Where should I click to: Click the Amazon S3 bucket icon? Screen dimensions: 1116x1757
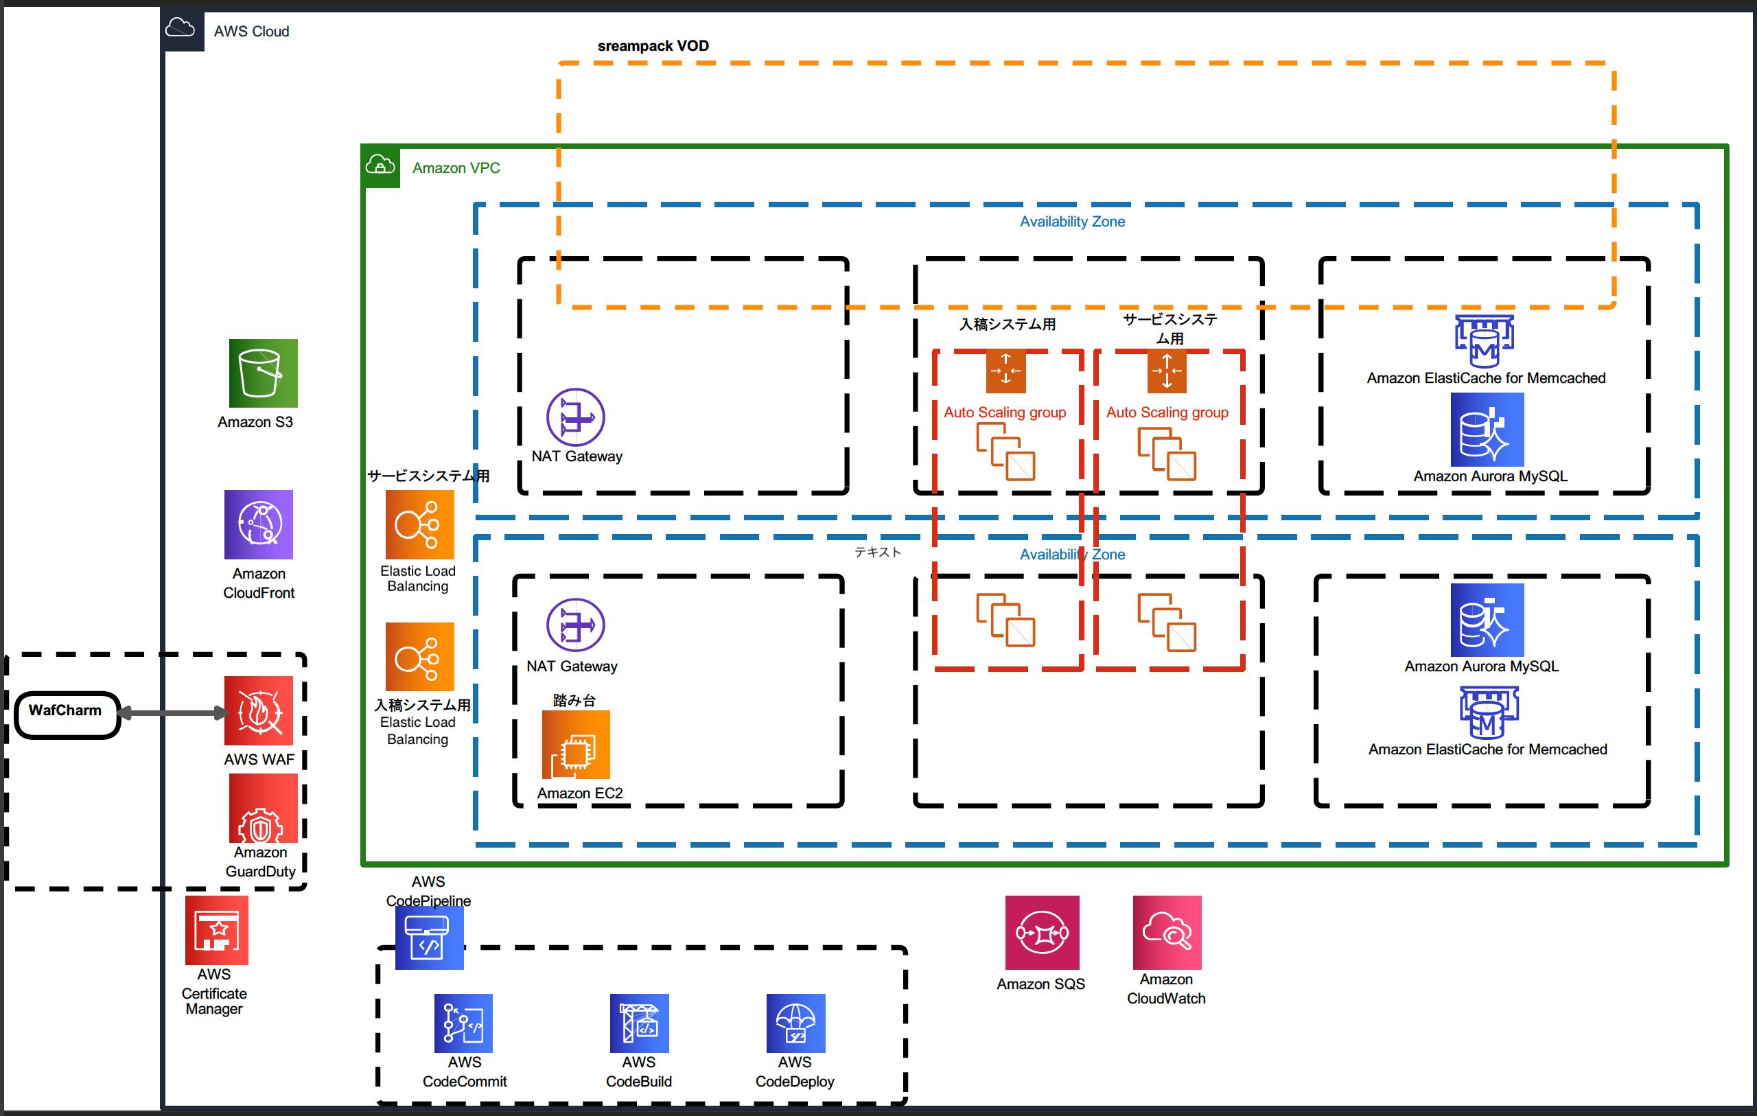coord(263,373)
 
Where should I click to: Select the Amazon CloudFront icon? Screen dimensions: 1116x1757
coord(258,524)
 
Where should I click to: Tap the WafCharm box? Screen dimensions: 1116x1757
coord(67,714)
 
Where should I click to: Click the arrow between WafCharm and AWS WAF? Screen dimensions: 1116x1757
coord(172,713)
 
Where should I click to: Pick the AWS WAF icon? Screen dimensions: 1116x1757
coord(258,710)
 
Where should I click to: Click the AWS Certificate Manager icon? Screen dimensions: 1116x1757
coord(216,930)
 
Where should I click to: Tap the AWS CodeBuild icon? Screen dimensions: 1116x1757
coord(638,1023)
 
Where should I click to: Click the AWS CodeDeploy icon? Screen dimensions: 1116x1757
coord(795,1023)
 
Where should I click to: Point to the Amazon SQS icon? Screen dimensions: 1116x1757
coord(1041,932)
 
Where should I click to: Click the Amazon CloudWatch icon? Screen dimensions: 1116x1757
coord(1166,932)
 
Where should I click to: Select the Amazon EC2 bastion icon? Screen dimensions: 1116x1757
coord(576,745)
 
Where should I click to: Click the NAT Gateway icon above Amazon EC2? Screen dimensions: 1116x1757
coord(575,625)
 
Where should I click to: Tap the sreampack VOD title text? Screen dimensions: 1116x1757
coord(653,46)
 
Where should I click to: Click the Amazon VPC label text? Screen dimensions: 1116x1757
coord(456,168)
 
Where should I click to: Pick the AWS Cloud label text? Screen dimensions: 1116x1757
coord(251,32)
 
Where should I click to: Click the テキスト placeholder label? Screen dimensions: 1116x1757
coord(877,552)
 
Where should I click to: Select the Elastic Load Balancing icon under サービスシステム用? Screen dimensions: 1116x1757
coord(419,524)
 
